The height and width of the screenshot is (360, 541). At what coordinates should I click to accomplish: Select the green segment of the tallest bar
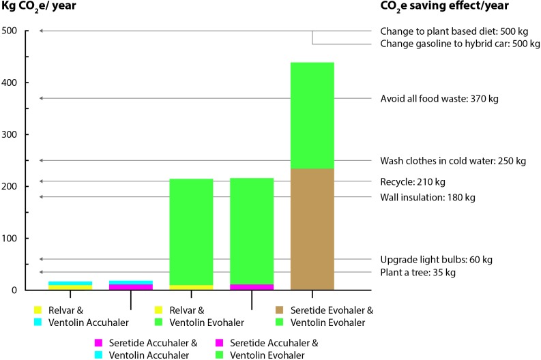tap(312, 115)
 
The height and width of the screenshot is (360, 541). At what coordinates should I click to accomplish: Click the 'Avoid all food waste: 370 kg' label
tap(439, 99)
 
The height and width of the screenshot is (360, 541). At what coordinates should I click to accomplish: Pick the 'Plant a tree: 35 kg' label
tap(418, 273)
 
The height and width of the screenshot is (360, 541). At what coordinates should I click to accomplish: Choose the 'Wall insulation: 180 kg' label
tap(427, 198)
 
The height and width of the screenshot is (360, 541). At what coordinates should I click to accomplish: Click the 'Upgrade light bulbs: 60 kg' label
tap(435, 260)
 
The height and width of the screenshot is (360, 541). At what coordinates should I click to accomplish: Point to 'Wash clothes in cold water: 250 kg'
tap(451, 162)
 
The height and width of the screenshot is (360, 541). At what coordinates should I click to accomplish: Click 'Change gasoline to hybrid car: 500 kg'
tap(460, 44)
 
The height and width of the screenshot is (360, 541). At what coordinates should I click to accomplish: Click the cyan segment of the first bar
tap(70, 283)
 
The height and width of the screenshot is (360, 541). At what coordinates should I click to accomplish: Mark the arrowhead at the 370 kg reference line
tap(42, 99)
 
